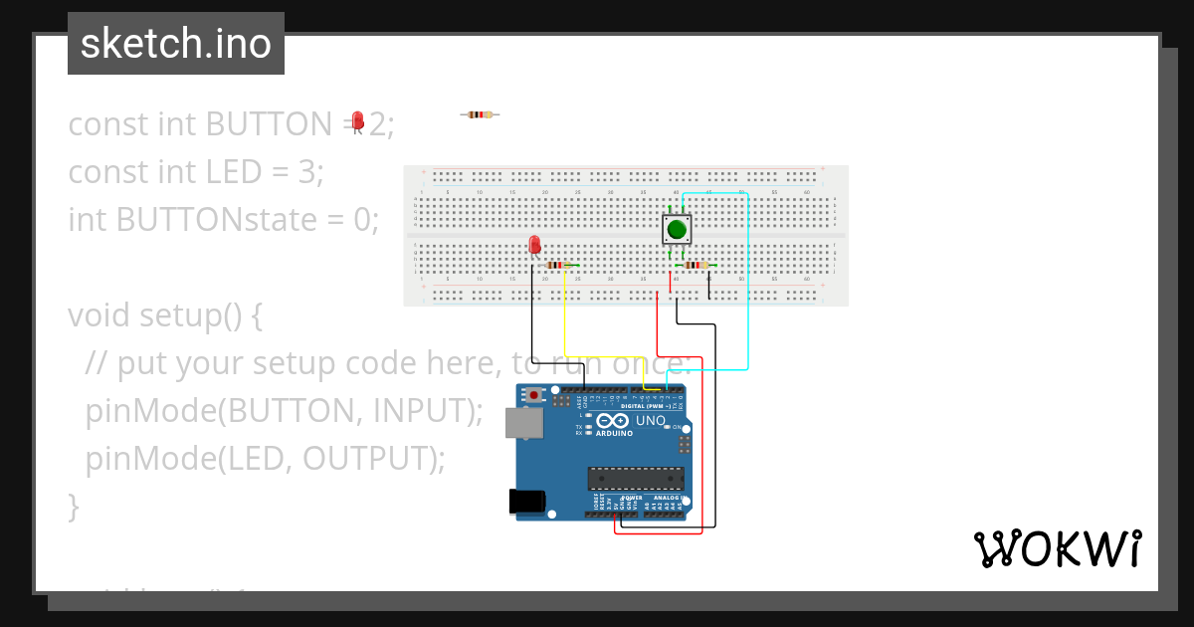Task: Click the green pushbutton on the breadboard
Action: [678, 230]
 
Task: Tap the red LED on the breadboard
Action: [534, 244]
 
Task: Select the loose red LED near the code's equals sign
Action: [358, 120]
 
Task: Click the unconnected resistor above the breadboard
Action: [480, 114]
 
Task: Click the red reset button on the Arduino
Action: [535, 395]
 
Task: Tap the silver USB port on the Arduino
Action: [523, 423]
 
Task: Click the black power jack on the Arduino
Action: [528, 501]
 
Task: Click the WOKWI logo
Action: [1057, 549]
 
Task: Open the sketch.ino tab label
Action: [175, 44]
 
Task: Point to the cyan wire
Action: [747, 299]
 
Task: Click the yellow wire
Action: [565, 318]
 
